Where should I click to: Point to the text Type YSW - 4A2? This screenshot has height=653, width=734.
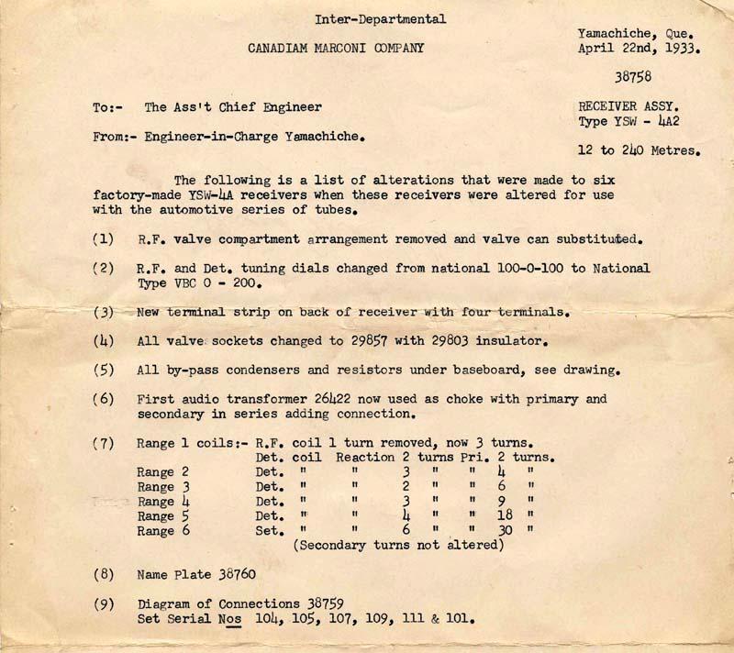[628, 121]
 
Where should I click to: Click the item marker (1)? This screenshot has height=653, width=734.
[104, 239]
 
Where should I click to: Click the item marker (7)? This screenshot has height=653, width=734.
[104, 443]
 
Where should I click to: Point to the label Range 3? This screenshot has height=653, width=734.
[163, 487]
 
